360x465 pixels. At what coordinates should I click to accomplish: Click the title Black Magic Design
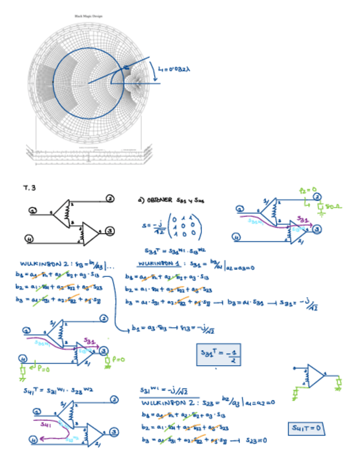[88, 16]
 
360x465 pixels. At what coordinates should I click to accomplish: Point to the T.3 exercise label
[29, 188]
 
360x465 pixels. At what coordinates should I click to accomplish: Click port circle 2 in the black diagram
[109, 199]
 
